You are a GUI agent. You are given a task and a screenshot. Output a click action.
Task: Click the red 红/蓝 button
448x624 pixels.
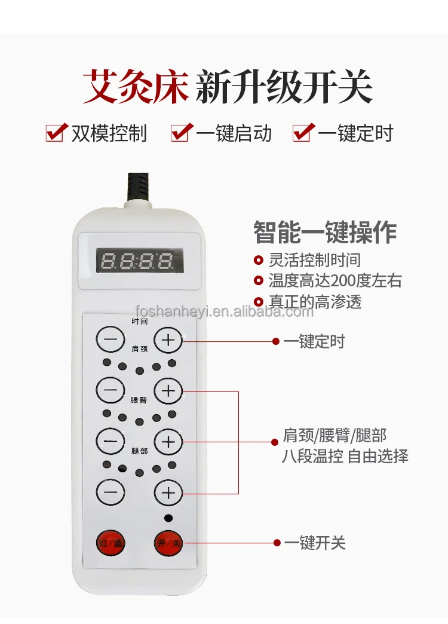pos(111,543)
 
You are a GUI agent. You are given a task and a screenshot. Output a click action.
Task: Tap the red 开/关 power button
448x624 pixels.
pos(168,543)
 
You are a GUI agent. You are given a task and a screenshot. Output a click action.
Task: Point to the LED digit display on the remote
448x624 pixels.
pos(140,261)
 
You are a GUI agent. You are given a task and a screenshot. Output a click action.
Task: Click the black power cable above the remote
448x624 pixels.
pos(139,187)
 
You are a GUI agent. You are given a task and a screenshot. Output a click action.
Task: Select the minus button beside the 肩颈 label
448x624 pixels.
pos(111,339)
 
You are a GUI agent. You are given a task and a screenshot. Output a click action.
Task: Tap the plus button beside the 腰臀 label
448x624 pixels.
pos(168,391)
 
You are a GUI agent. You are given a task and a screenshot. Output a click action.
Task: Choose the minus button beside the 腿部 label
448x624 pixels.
pos(111,441)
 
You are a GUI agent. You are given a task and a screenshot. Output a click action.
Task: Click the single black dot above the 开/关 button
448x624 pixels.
pos(168,518)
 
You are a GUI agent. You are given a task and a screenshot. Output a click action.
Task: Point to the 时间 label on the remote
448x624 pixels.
pos(140,321)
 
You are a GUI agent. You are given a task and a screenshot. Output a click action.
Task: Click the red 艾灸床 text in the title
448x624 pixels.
pos(135,86)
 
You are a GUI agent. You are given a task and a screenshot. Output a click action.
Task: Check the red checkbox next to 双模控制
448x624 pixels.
pos(56,133)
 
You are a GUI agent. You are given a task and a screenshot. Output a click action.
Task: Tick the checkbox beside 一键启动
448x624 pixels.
pos(182,133)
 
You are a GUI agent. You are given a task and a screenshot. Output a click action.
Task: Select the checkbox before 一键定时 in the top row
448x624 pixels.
pos(303,133)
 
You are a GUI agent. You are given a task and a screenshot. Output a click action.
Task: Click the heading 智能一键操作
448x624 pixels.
pos(325,232)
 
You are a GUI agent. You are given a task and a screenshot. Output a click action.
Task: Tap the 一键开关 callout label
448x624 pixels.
pos(315,543)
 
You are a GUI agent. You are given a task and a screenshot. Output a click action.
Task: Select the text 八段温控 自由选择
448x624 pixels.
pos(345,456)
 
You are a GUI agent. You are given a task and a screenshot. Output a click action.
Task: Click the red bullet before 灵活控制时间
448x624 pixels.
pos(259,260)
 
